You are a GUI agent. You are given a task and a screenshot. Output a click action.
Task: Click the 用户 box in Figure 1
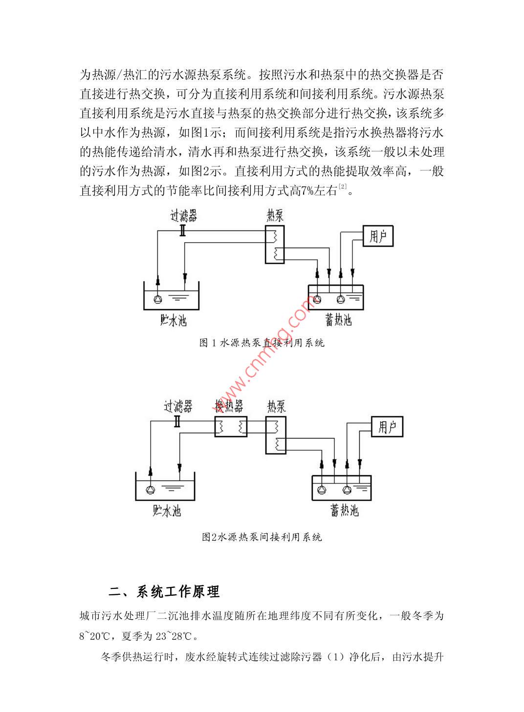point(378,236)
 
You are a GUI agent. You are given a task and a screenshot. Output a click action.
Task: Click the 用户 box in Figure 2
point(387,427)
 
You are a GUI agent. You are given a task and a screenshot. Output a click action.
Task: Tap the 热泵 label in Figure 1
point(275,215)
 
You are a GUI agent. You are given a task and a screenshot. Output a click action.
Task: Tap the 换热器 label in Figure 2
point(229,406)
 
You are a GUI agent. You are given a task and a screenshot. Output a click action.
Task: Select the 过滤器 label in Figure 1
point(183,215)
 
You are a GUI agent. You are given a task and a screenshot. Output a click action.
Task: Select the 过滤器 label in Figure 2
point(178,406)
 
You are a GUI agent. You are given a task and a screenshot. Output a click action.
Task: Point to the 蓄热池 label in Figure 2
point(344,511)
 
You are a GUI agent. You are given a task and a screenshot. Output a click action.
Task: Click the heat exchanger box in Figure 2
point(231,427)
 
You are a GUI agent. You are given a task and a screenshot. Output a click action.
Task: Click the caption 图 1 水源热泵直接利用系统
point(262,343)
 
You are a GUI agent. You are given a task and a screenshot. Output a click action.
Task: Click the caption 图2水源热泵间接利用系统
point(262,537)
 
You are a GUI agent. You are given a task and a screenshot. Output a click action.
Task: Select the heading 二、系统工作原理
point(164,592)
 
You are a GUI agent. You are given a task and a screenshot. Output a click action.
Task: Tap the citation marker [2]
point(343,187)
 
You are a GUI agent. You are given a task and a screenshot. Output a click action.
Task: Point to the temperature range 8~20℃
point(95,636)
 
